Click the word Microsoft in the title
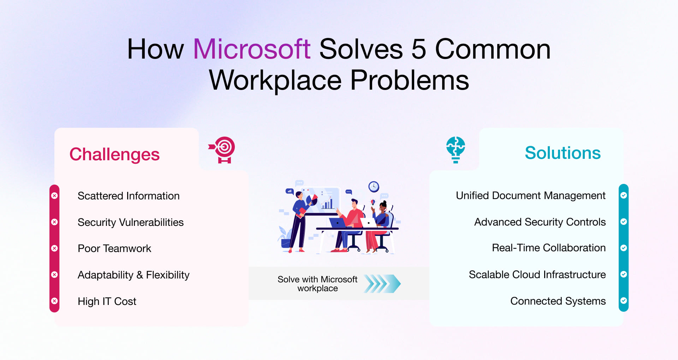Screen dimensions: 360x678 [x=252, y=49]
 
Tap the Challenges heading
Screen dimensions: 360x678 [x=114, y=154]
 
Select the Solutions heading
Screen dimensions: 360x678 [x=563, y=153]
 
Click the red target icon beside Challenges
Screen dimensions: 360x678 [x=224, y=149]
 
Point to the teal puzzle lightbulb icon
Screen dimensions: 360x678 [x=456, y=149]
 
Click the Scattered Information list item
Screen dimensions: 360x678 [x=129, y=196]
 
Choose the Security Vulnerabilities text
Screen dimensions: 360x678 [x=131, y=222]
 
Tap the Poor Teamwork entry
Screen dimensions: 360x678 [x=114, y=248]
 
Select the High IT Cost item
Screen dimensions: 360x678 [x=107, y=301]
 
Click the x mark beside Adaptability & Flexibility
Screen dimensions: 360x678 [x=54, y=275]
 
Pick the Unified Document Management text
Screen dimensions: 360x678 [x=530, y=196]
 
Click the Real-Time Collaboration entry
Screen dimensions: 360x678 [x=549, y=248]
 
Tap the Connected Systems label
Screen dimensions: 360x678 [x=558, y=301]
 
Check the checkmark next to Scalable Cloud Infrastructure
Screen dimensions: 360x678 [x=624, y=274]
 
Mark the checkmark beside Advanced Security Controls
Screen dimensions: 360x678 [x=624, y=222]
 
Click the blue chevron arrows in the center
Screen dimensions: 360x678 [x=382, y=284]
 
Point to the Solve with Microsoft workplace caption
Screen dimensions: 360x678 [x=317, y=284]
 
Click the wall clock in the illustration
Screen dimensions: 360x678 [x=374, y=186]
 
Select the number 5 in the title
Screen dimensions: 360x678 [x=418, y=49]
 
